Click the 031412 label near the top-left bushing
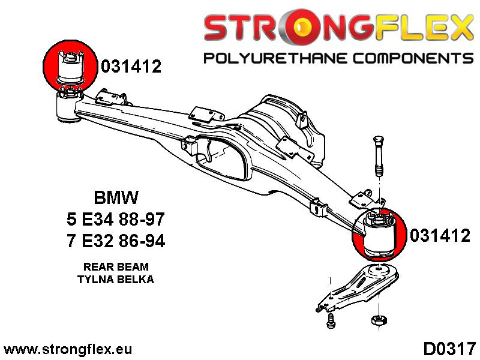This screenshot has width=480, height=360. click(x=131, y=67)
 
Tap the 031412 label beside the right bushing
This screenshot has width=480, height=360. click(x=440, y=236)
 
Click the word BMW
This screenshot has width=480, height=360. click(x=116, y=197)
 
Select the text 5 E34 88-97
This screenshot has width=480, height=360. click(x=116, y=220)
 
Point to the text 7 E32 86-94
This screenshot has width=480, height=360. click(x=116, y=241)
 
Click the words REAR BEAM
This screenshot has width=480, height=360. click(x=116, y=266)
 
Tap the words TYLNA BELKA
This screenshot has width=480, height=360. click(x=116, y=279)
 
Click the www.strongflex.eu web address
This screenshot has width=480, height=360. click(x=68, y=349)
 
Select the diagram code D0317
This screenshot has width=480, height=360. click(x=449, y=349)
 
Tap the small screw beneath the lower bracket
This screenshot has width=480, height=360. click(x=329, y=322)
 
